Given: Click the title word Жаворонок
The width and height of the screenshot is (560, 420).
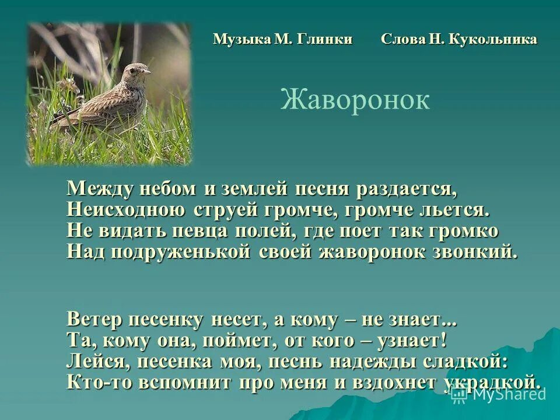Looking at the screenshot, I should click(355, 100).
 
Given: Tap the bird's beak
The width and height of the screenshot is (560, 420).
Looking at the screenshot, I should click(146, 72).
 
